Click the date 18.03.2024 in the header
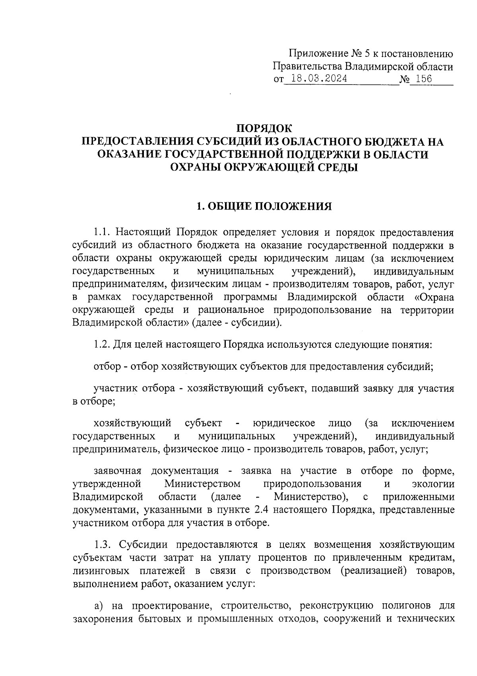pyautogui.click(x=318, y=79)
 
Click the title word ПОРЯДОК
pyautogui.click(x=264, y=128)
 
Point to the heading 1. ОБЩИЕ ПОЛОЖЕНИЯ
pyautogui.click(x=264, y=206)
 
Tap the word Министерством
pyautogui.click(x=203, y=484)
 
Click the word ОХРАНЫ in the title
pyautogui.click(x=193, y=167)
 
